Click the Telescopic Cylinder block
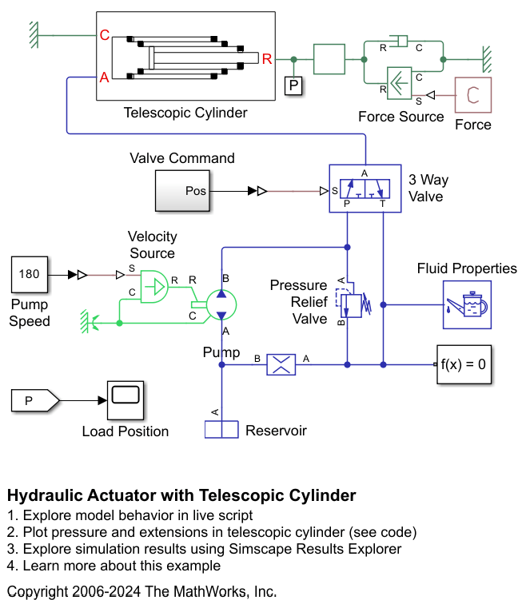[185, 57]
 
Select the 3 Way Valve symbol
[365, 189]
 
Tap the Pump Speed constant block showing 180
[29, 274]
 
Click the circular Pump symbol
[221, 303]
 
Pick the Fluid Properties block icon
[467, 304]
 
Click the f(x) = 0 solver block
[464, 365]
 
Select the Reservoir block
[222, 430]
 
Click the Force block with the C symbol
[473, 95]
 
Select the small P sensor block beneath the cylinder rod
[294, 85]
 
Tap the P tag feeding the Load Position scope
[34, 400]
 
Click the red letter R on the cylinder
[267, 58]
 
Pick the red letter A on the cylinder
[104, 78]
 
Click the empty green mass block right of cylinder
[329, 59]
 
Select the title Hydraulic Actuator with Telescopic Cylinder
[181, 495]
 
